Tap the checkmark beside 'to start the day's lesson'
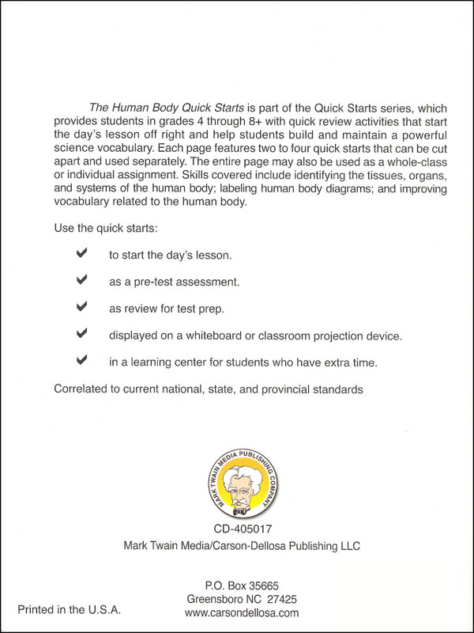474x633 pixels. coord(81,254)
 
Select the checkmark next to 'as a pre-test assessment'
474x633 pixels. coord(81,280)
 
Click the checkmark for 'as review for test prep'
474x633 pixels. coord(81,307)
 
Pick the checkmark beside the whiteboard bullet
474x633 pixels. coord(81,334)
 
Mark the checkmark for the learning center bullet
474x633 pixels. coord(81,361)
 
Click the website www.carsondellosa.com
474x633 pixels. coord(241,612)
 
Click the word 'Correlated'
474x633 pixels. coord(83,389)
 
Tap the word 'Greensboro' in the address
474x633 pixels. coord(213,599)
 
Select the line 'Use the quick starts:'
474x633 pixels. coord(105,228)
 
